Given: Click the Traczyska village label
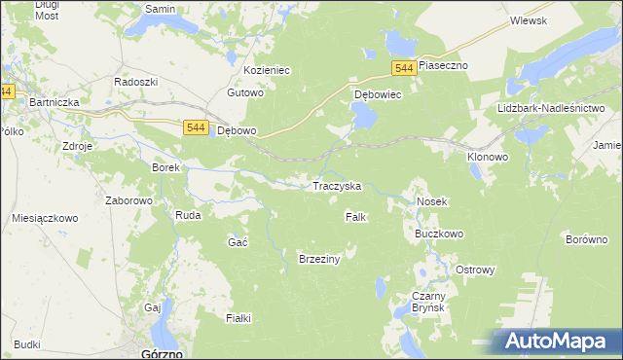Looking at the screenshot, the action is [337, 185].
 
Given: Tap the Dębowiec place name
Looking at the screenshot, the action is [378, 95].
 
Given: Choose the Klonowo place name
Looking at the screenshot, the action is [488, 156].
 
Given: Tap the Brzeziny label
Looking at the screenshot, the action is [318, 258].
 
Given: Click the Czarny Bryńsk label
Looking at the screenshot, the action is [427, 302].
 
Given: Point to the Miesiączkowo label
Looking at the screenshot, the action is [45, 218].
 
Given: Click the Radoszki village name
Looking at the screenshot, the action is [136, 82].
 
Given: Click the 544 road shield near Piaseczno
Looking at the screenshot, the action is [406, 66].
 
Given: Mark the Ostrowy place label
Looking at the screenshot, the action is [476, 270].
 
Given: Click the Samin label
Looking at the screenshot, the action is [159, 8].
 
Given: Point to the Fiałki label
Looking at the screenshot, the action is [238, 318].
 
